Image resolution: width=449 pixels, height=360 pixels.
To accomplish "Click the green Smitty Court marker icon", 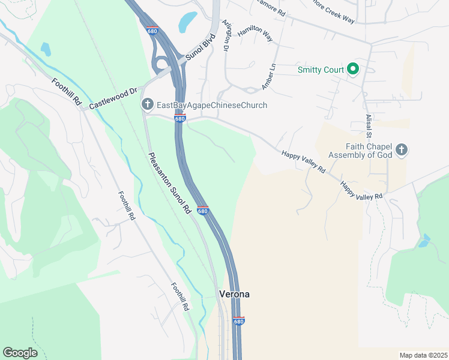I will (354, 70).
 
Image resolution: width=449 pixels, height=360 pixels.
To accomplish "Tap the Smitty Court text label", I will (321, 70).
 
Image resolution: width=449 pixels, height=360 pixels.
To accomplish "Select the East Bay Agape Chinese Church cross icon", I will (147, 105).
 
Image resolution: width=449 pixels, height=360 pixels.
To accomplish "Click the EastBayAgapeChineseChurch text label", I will (211, 106).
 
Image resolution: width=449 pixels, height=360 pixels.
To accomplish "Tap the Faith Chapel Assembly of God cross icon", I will (402, 149).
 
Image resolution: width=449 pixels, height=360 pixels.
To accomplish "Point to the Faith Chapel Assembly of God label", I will (369, 152).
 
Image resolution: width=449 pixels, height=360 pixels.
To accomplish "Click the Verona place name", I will (234, 294).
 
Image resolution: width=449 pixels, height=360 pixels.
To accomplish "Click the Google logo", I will (20, 353).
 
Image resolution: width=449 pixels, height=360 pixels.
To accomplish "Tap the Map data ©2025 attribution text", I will (423, 355).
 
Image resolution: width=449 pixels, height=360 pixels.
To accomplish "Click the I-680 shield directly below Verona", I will (238, 321).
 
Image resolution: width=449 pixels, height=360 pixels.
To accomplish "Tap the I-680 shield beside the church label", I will (180, 118).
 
